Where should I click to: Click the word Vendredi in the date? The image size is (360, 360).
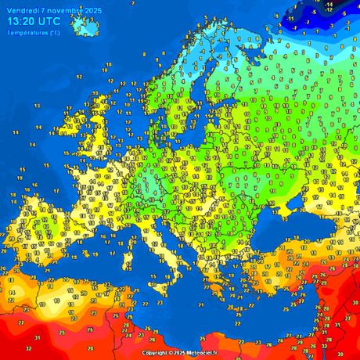tap(24, 9)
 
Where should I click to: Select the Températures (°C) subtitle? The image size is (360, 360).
tap(32, 32)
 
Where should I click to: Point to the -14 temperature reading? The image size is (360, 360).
tap(329, 5)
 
